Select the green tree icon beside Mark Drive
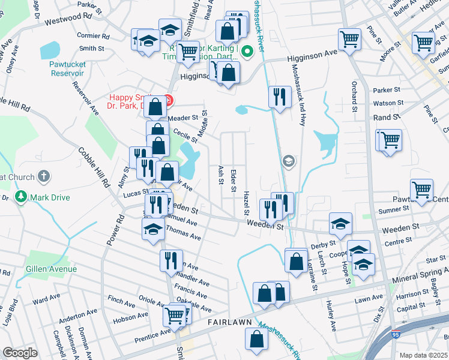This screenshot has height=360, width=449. click(21, 197)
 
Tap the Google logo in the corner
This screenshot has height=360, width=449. click(20, 353)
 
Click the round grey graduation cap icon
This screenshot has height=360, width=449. click(288, 160)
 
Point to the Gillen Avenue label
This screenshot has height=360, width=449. click(51, 269)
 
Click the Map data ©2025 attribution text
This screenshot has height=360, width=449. click(423, 355)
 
